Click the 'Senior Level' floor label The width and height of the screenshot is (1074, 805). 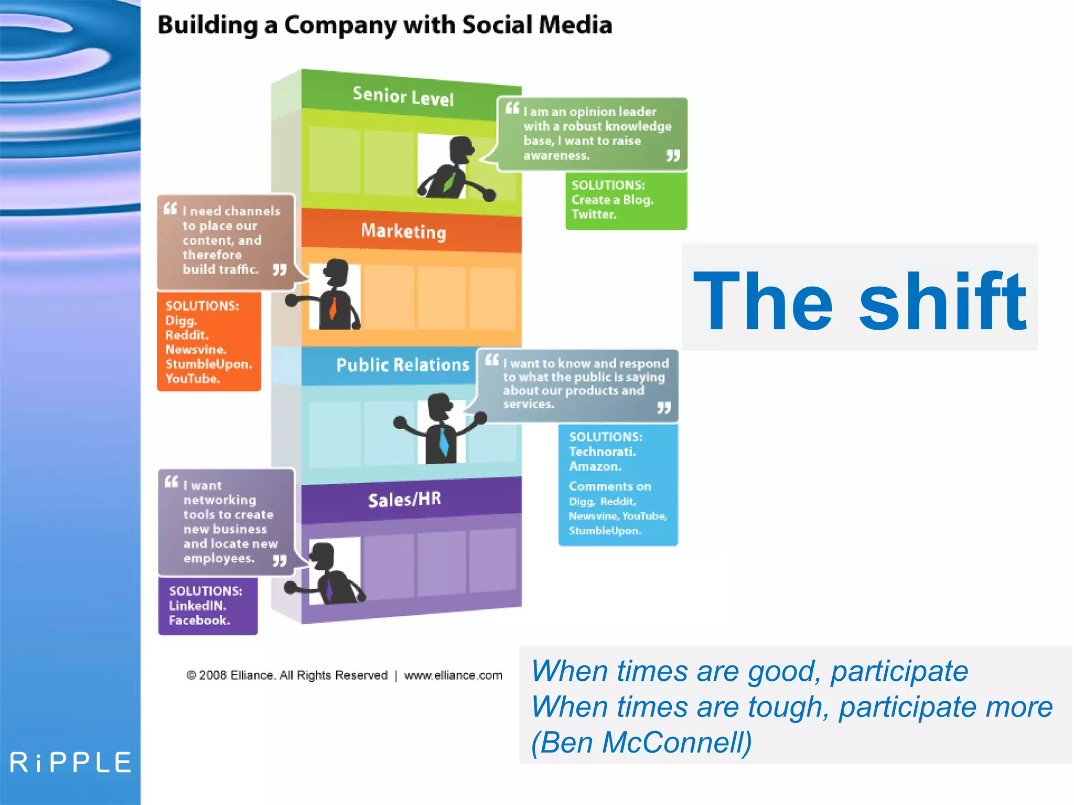pos(403,96)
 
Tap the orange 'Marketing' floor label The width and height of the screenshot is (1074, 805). pos(403,231)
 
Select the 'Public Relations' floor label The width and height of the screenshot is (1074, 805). pos(402,365)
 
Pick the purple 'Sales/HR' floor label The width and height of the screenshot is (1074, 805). pos(404,499)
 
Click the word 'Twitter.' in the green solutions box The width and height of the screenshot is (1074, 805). pos(594,214)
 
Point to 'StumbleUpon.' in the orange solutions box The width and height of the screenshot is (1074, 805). pos(209,364)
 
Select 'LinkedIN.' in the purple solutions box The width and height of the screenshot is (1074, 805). pos(197,606)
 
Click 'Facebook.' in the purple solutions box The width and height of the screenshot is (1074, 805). pos(199,621)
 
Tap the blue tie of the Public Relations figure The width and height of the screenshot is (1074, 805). pos(444,441)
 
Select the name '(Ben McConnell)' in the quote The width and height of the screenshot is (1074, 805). pos(641,743)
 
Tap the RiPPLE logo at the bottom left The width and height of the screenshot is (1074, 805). pos(71,763)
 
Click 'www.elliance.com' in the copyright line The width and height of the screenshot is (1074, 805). pos(453,676)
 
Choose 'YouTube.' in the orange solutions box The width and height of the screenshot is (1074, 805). pos(192,379)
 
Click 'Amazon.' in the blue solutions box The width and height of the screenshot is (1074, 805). pos(595,466)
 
